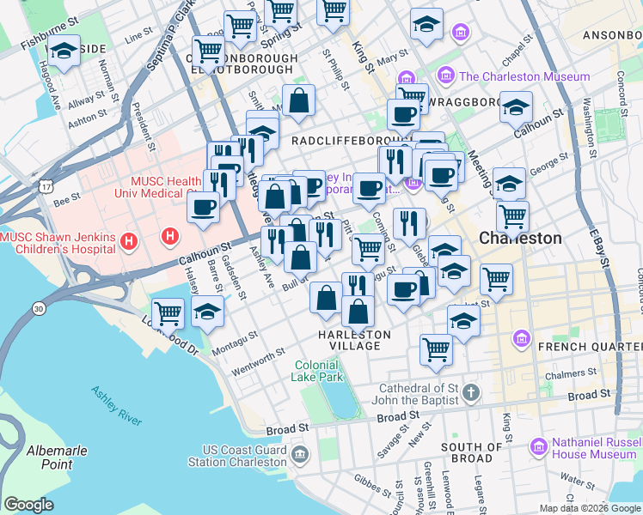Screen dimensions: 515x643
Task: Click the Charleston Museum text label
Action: click(x=524, y=76)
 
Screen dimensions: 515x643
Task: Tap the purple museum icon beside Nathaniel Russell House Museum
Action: click(x=539, y=446)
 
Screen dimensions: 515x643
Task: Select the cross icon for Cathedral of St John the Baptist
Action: click(x=469, y=394)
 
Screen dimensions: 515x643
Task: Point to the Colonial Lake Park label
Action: click(x=318, y=371)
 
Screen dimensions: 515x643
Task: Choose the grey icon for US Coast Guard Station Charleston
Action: click(x=298, y=454)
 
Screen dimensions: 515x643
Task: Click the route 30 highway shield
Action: click(x=39, y=308)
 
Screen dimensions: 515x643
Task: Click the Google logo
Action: click(x=29, y=505)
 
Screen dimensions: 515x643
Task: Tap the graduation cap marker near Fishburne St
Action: click(x=64, y=51)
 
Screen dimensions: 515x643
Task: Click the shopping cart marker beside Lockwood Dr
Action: click(x=168, y=312)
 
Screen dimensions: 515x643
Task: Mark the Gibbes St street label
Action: click(x=372, y=482)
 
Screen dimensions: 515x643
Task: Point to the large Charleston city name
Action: click(x=520, y=238)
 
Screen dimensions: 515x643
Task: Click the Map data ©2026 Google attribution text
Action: click(x=589, y=508)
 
